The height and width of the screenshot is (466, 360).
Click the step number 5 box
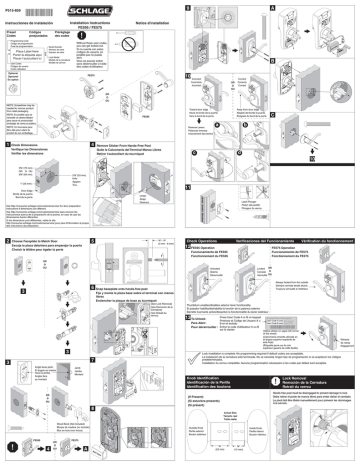click(97, 243)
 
